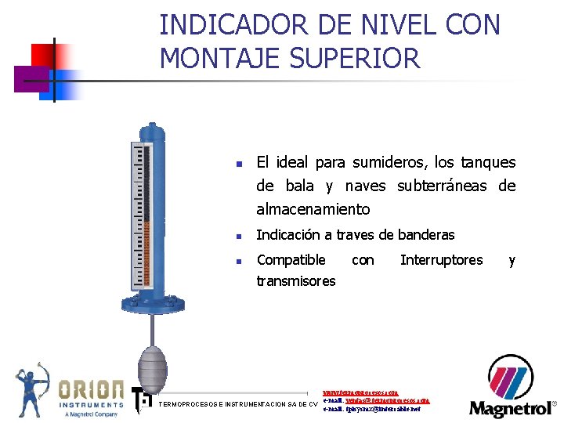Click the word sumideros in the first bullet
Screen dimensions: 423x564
pyautogui.click(x=389, y=163)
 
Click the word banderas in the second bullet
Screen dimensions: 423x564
pyautogui.click(x=426, y=235)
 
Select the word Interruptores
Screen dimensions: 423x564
pyautogui.click(x=441, y=260)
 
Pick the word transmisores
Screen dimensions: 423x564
pyautogui.click(x=296, y=281)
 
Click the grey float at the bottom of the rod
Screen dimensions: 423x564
pyautogui.click(x=153, y=363)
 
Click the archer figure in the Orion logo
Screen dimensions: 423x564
pyautogui.click(x=32, y=389)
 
